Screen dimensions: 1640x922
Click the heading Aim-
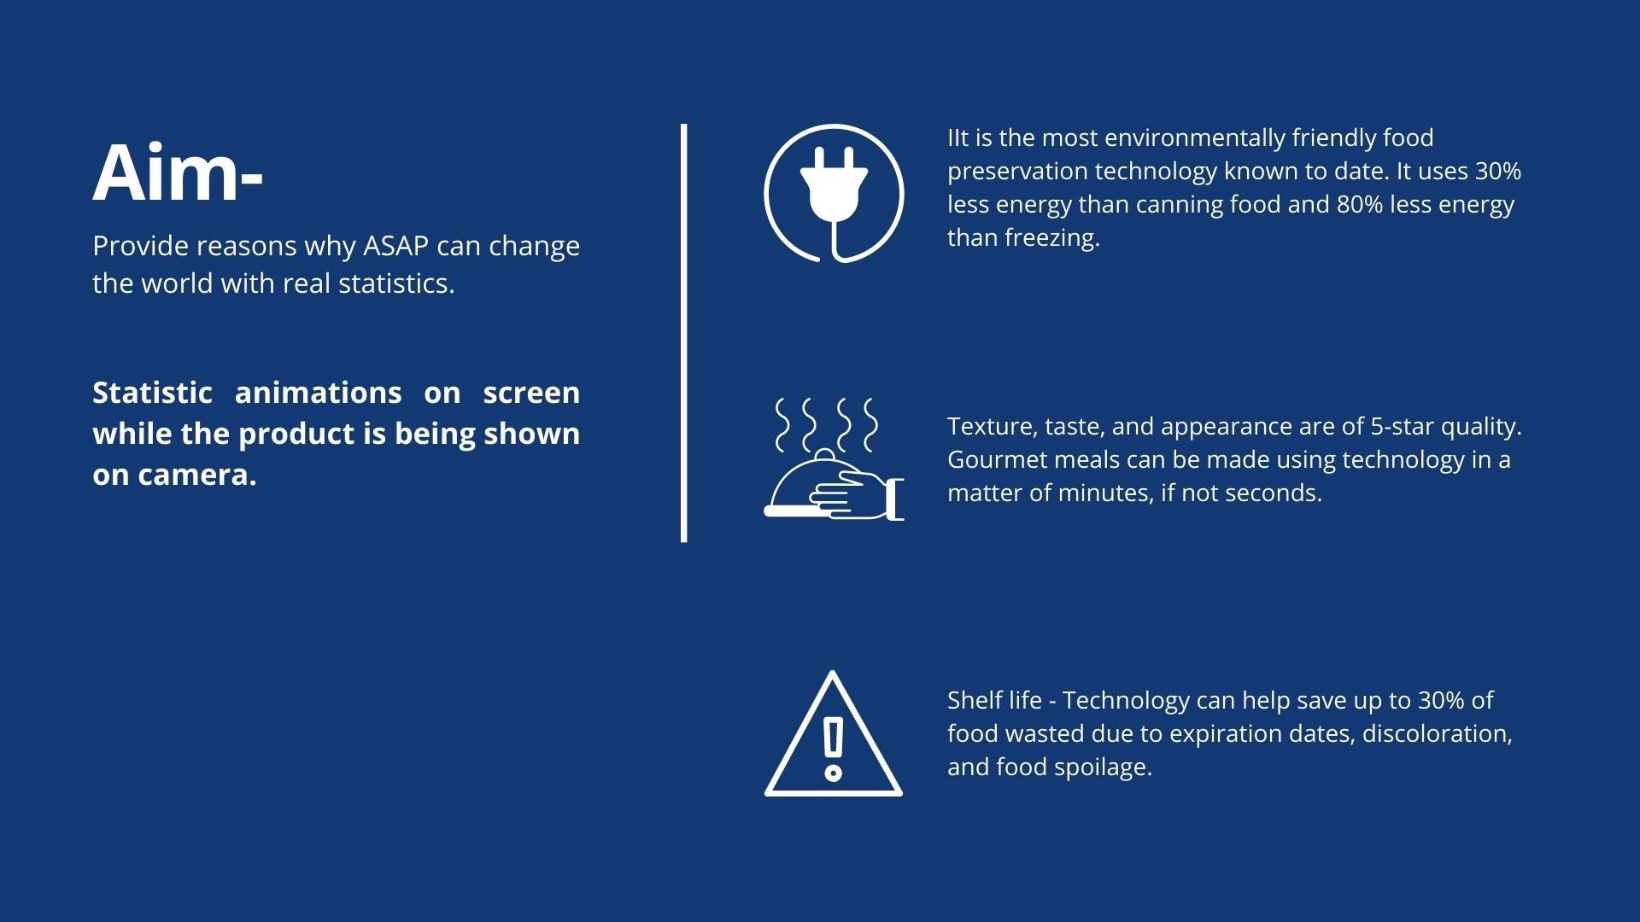click(178, 173)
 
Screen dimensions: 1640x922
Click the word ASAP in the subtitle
click(395, 246)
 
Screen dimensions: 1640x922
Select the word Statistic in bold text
click(152, 393)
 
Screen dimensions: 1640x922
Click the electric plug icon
click(833, 193)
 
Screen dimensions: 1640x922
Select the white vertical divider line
click(684, 333)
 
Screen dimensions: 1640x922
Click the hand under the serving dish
click(854, 495)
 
